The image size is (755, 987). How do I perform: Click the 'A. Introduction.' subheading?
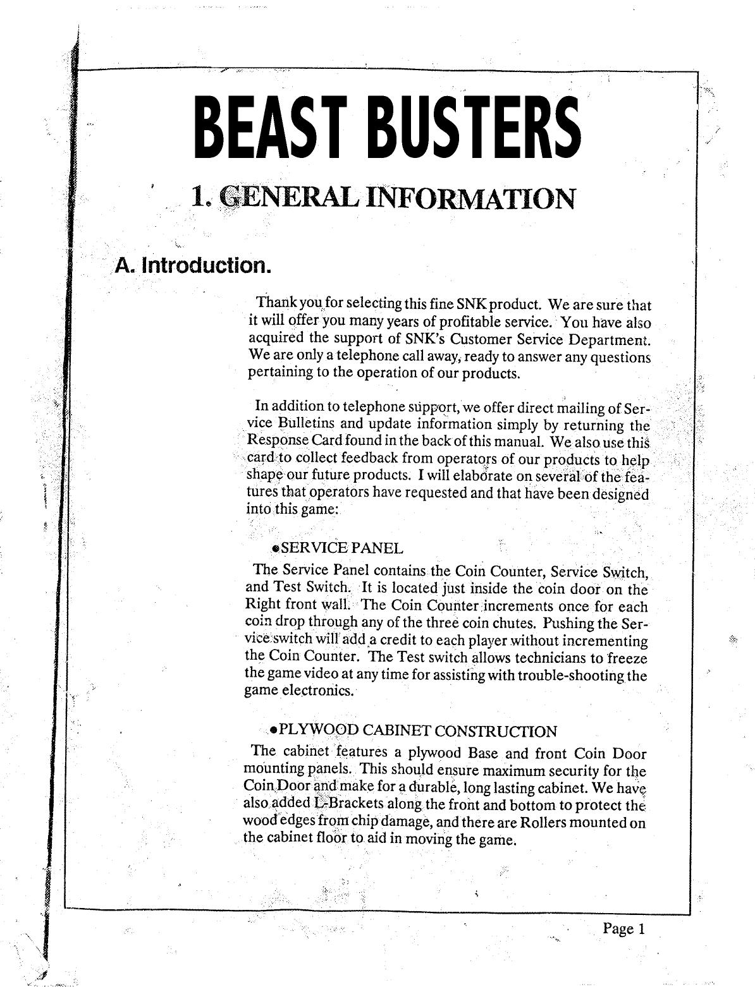pos(192,264)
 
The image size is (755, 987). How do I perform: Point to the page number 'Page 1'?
pos(623,928)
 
